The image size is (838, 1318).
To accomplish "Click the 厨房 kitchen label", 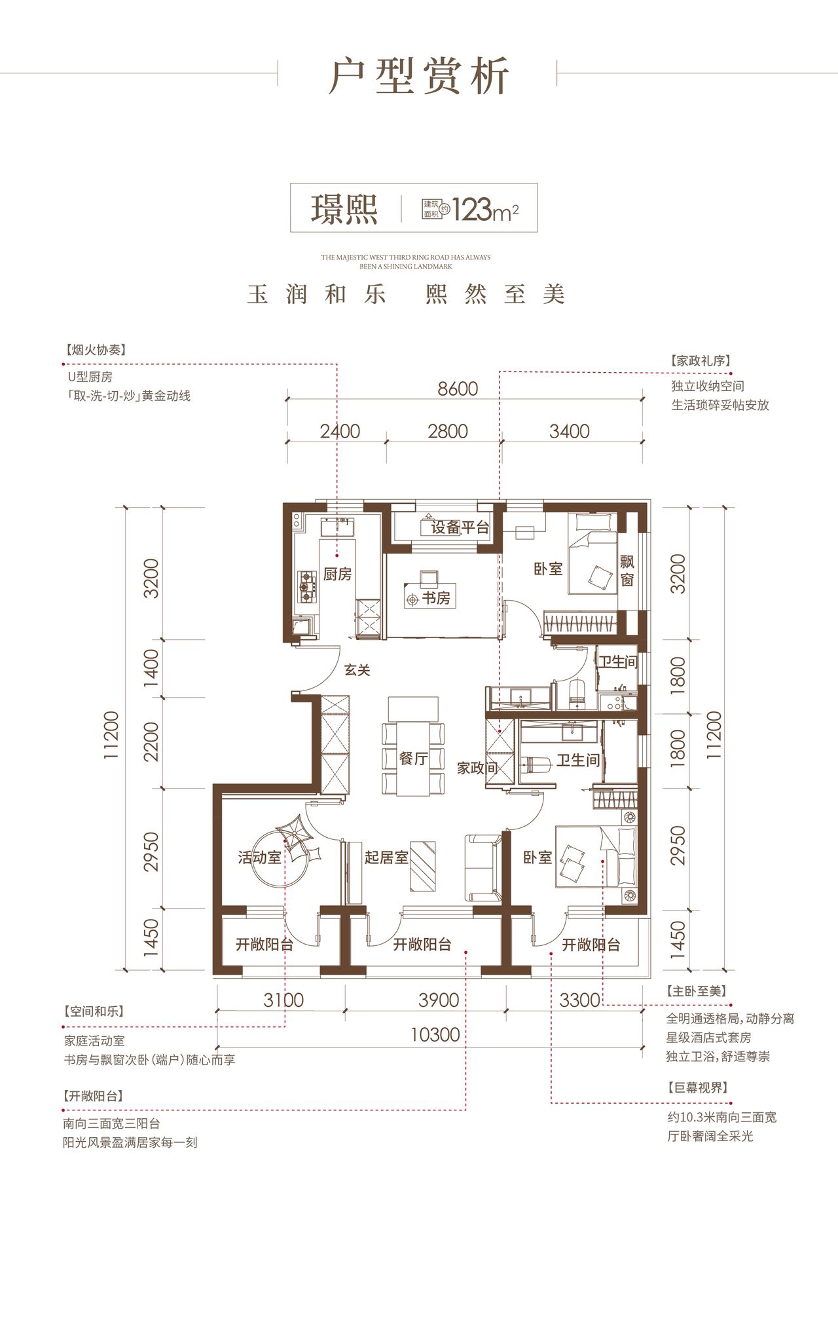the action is pos(337,574).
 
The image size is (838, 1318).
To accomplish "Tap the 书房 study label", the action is pos(435,598).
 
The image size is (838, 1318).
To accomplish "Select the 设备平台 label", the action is pos(460,528).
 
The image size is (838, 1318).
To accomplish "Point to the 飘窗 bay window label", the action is pos(627,571).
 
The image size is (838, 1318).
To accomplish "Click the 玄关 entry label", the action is pos(357,670).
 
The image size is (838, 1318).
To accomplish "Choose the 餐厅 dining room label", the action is pos(413,758).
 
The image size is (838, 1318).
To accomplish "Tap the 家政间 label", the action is pos(478,768).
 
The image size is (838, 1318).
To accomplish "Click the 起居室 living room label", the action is pos(386,857).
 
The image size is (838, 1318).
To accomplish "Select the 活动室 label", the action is pos(260,857).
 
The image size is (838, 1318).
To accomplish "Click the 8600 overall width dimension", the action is pos(458,388).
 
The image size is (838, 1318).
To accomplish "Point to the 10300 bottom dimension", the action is pos(435,1034).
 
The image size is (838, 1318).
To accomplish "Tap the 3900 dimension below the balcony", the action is pos(437,1000).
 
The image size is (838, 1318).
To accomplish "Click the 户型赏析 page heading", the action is pos(419,77).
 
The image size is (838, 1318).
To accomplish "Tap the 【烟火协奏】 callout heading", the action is pos(94,350).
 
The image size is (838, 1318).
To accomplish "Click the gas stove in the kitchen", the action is pos(306,586).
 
